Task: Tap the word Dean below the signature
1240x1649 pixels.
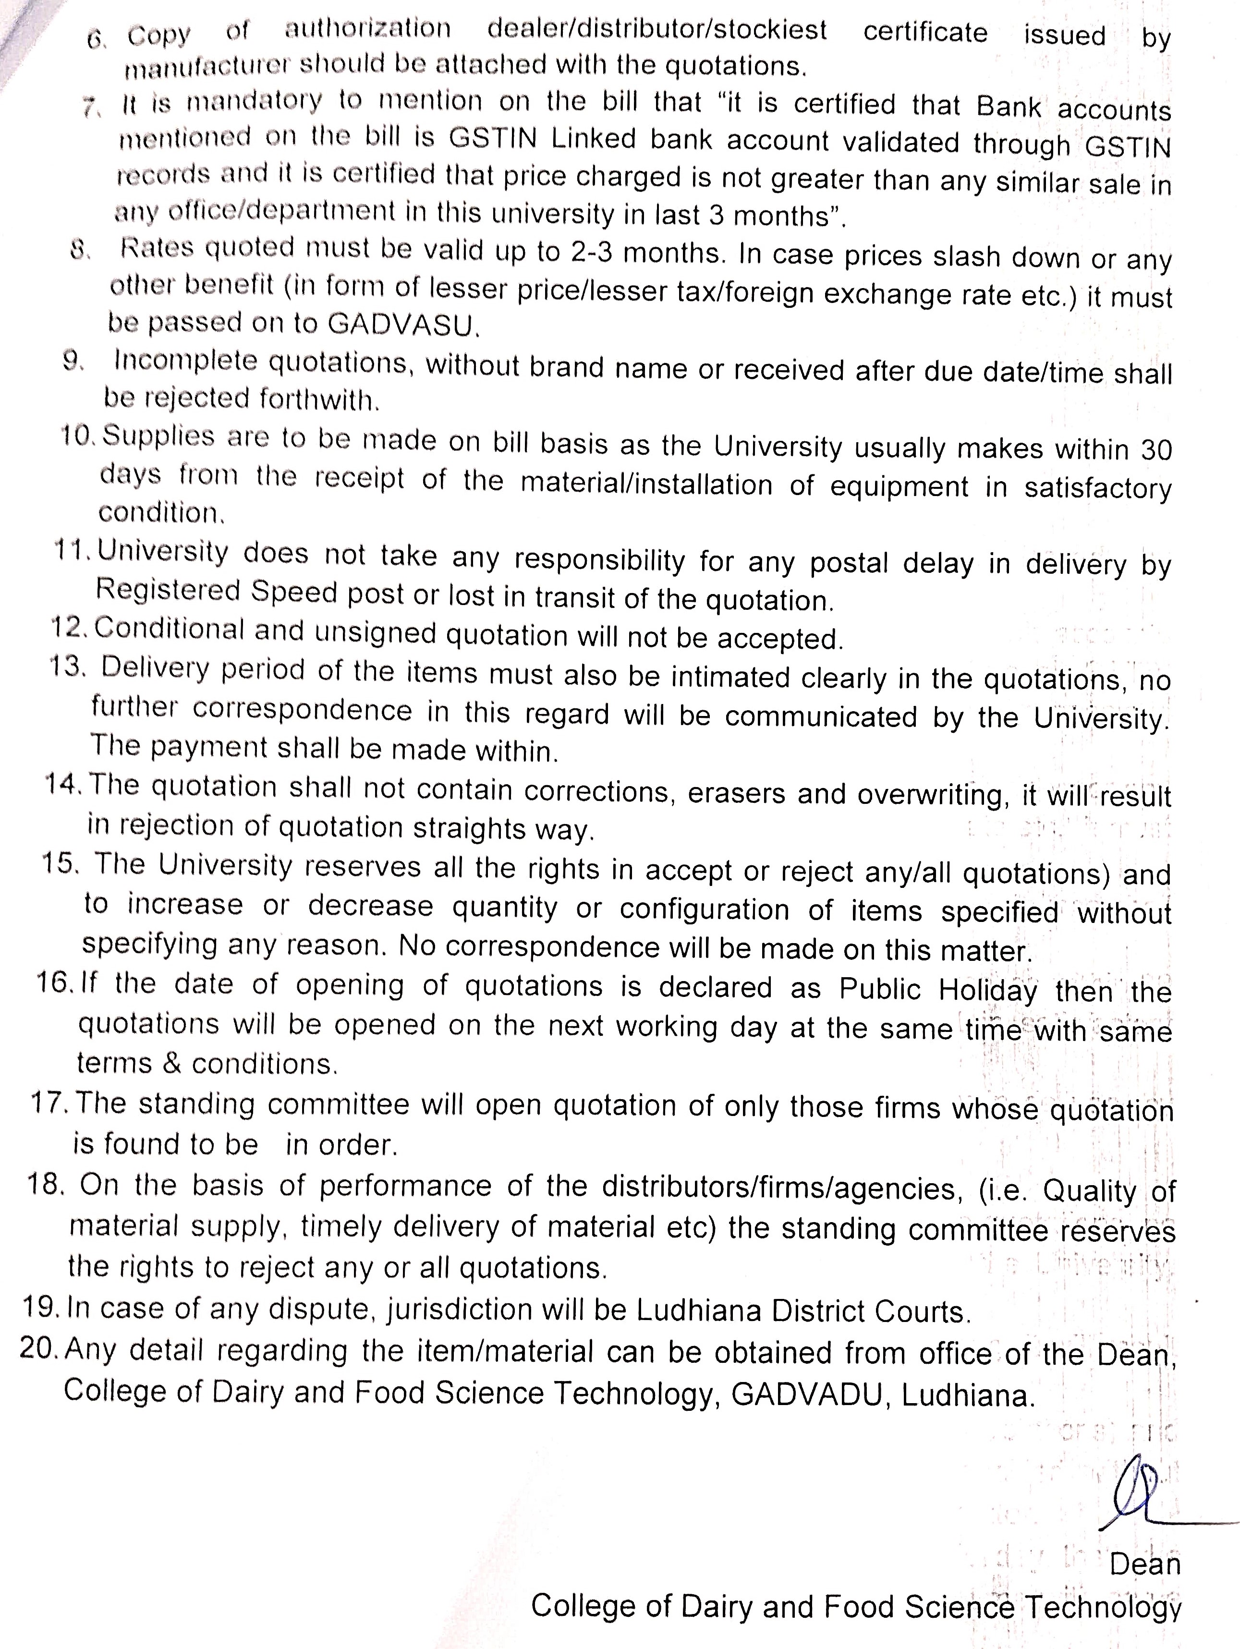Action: coord(1144,1564)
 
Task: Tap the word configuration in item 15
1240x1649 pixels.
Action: coord(704,909)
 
